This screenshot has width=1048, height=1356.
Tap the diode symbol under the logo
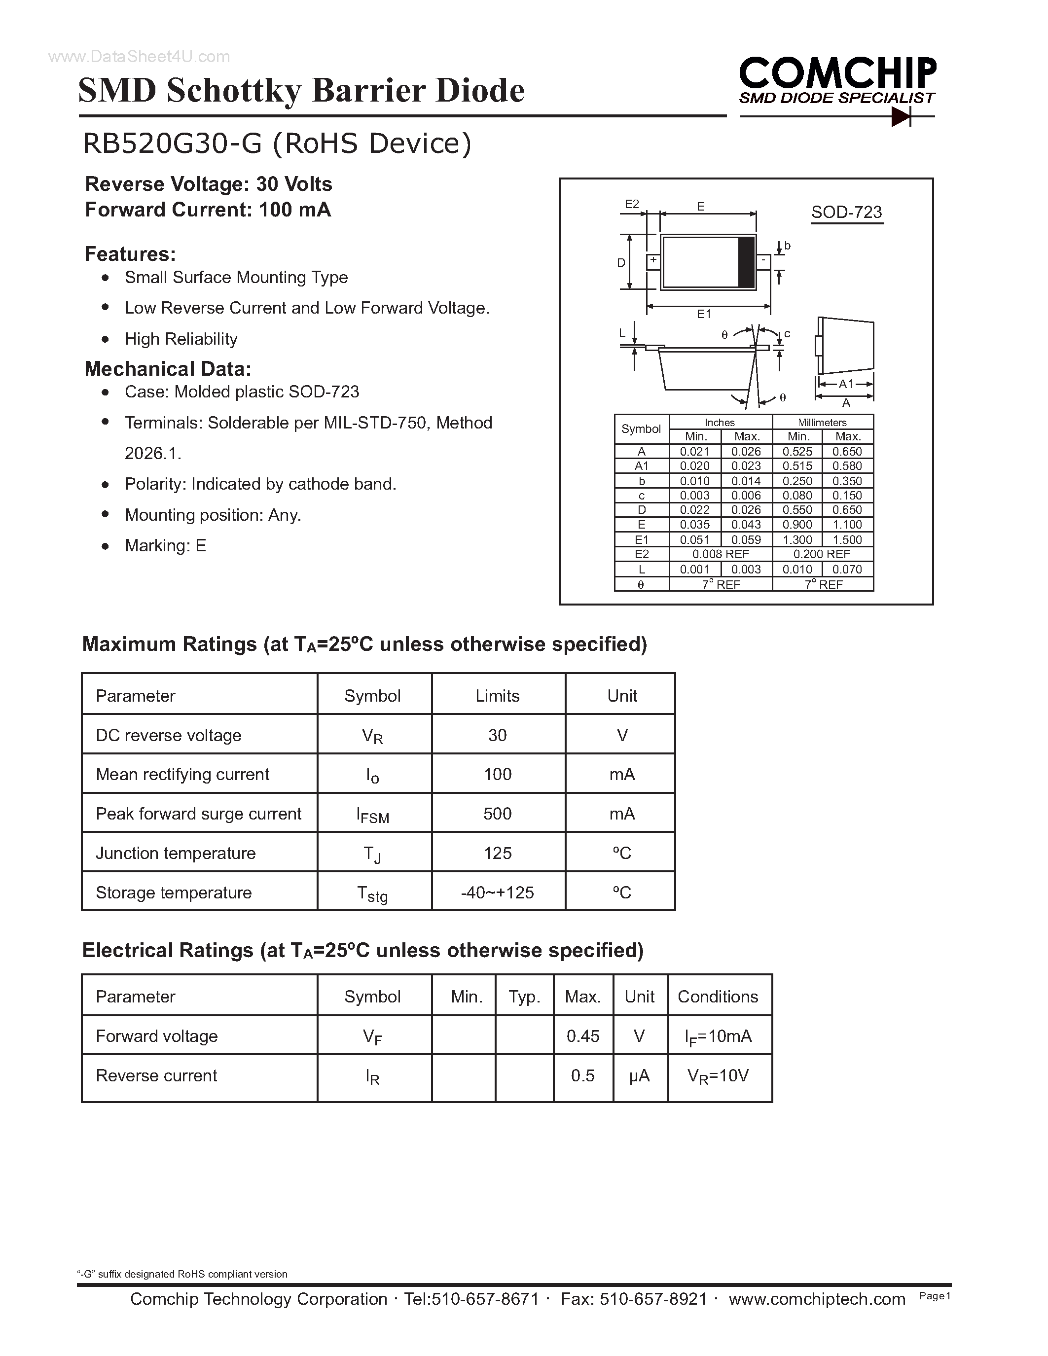(x=900, y=116)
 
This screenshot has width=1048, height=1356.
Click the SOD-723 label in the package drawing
(x=846, y=213)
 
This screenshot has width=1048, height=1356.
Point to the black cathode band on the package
(x=746, y=262)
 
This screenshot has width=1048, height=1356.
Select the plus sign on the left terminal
(x=653, y=260)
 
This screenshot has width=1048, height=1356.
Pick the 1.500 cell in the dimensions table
(x=847, y=539)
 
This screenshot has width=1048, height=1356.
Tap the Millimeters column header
(x=822, y=422)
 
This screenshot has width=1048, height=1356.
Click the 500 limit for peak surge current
(x=497, y=813)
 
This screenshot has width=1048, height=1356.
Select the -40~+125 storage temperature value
(x=497, y=892)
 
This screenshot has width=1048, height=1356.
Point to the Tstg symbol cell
(x=372, y=893)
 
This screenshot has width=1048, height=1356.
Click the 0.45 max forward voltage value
(x=582, y=1035)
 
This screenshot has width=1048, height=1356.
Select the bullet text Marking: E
(x=165, y=545)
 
